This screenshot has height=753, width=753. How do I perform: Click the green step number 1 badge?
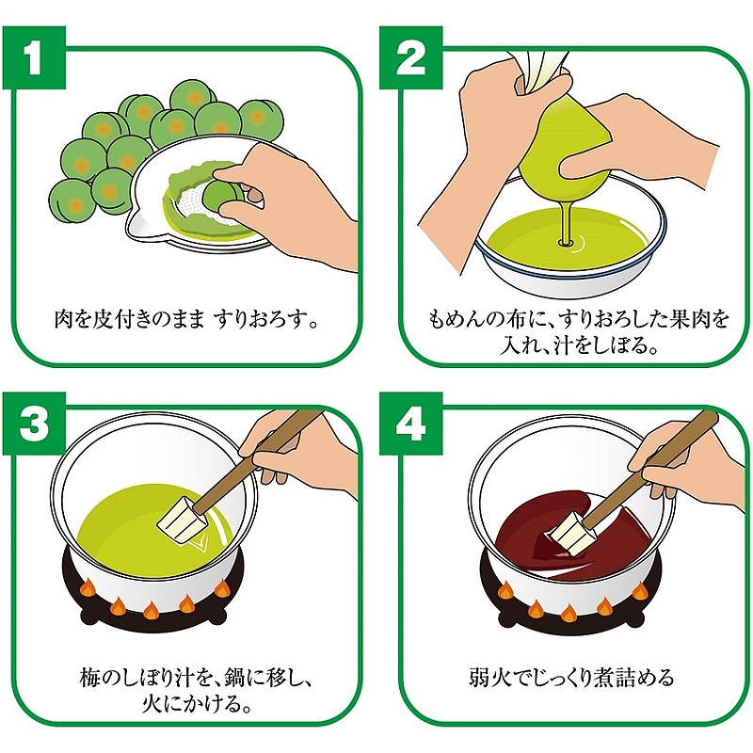click(x=35, y=58)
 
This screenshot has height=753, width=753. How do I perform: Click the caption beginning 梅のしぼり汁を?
click(x=188, y=689)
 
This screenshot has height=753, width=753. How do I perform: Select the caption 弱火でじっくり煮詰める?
click(x=571, y=678)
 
